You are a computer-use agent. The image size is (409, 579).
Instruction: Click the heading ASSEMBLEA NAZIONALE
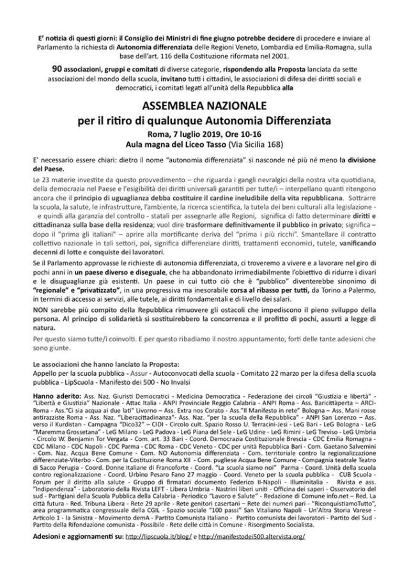pyautogui.click(x=204, y=105)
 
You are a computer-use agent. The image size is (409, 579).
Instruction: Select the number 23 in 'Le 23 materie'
pyautogui.click(x=46, y=181)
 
